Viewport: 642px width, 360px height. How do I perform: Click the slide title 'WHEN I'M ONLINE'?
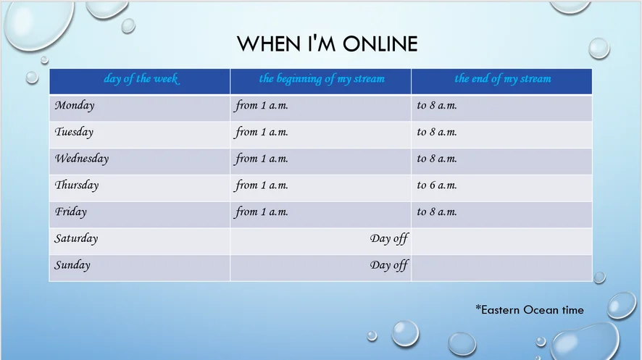point(327,43)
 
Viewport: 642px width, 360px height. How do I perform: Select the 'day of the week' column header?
point(141,78)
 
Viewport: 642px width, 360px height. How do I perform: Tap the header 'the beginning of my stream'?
point(322,78)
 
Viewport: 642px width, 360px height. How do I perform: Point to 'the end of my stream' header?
point(503,78)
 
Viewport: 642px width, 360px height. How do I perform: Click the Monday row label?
point(75,106)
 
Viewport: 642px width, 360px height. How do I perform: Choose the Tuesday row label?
point(74,132)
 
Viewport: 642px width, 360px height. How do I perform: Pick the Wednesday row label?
point(82,159)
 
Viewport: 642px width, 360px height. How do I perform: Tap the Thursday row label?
point(77,185)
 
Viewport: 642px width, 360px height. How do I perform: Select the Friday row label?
point(71,212)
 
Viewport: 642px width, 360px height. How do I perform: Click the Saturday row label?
point(76,238)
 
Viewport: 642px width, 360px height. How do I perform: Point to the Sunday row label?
point(72,264)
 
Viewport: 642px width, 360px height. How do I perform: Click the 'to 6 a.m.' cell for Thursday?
point(437,185)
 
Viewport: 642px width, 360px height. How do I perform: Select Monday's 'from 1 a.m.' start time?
point(262,106)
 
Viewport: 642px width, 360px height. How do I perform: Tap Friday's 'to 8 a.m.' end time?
point(437,212)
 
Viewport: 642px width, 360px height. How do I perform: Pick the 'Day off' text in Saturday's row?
point(389,238)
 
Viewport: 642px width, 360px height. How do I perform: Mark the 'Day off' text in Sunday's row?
point(389,265)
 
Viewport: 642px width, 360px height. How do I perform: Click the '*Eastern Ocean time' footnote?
point(530,310)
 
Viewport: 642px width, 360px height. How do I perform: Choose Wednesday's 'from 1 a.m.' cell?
point(262,159)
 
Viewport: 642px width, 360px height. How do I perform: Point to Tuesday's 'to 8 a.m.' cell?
point(437,132)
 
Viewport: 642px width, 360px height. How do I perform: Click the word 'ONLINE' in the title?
point(380,43)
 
